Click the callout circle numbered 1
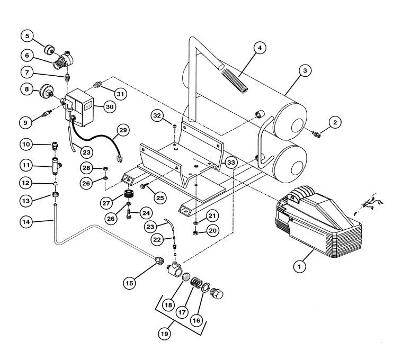coord(300,267)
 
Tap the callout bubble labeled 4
coord(260,48)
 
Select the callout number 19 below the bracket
coord(164,334)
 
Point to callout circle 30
coord(110,106)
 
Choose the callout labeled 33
coord(231,163)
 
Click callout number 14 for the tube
coord(26,222)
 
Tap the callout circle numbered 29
coord(123,130)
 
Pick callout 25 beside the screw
coord(160,197)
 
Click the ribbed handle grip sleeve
coord(235,80)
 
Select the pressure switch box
coord(80,107)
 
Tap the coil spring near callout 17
coord(196,283)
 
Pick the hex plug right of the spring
coord(217,293)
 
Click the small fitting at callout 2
coord(316,134)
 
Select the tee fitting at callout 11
coord(56,166)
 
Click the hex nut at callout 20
coord(195,232)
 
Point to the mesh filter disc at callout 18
coord(186,277)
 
